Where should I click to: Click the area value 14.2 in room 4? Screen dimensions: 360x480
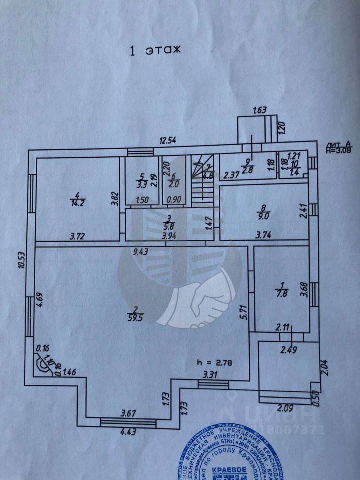tap(77, 203)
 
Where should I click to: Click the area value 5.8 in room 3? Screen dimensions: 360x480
tap(170, 225)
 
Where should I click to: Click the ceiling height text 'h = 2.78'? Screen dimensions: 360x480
tap(218, 361)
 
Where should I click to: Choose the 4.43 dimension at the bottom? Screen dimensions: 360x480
tap(127, 433)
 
